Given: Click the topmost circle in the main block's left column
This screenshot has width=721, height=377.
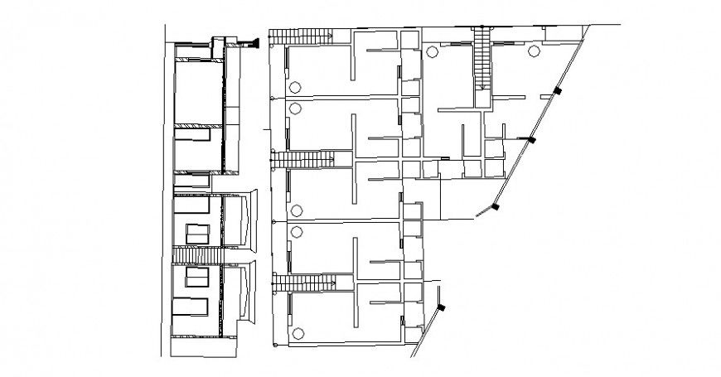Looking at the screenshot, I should tap(294, 88).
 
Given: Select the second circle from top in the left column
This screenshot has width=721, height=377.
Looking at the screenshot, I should tap(294, 108).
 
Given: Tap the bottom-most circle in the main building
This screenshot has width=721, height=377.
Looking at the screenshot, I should tap(297, 332).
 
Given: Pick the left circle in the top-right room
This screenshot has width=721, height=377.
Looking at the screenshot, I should tap(432, 52).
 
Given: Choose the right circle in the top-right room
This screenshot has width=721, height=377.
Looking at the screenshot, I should tap(533, 51).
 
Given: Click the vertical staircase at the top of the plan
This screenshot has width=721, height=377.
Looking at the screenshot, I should tap(482, 57).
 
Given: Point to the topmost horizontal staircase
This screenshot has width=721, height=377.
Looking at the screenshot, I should tap(300, 35).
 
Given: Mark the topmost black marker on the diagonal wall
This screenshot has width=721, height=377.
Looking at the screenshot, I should tap(558, 90).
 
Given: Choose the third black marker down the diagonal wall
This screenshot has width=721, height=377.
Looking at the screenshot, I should tap(496, 206).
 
